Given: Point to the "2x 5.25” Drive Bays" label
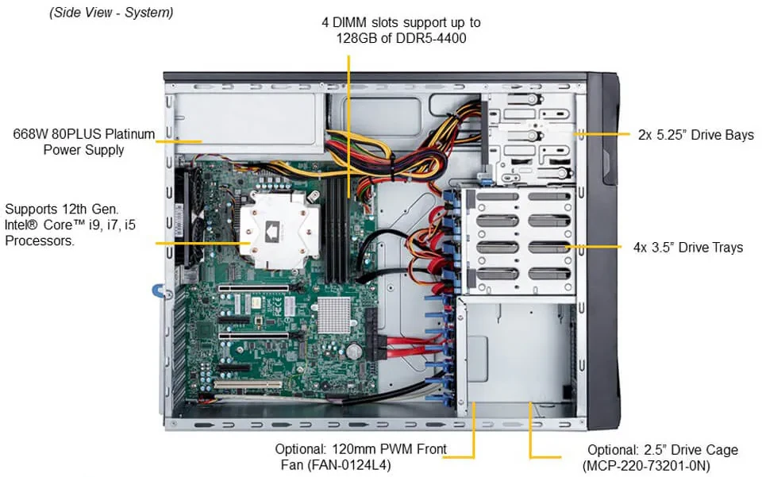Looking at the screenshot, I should [x=695, y=135].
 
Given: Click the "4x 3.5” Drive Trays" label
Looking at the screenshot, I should [x=687, y=248].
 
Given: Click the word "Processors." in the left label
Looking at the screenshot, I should [x=40, y=240].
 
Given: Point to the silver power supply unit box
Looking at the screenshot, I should [x=246, y=123].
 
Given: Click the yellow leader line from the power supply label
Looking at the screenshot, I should [x=179, y=141].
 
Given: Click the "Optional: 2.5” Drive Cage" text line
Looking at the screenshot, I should [x=663, y=450].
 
